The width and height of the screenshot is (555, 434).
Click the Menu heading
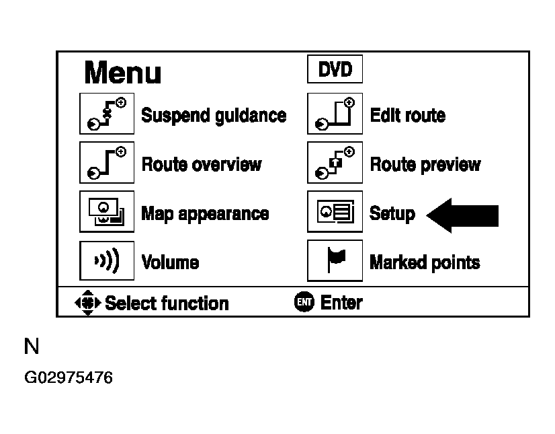122,73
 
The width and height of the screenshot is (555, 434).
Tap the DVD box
335,69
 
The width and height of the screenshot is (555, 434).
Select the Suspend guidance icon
107,114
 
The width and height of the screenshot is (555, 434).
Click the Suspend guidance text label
214,116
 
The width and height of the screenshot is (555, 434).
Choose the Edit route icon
335,114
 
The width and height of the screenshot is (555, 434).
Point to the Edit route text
408,115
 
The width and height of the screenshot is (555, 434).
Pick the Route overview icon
107,163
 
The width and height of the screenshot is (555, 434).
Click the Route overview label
202,164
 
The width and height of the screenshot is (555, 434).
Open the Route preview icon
335,163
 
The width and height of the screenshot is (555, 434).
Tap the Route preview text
425,165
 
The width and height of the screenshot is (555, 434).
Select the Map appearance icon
107,212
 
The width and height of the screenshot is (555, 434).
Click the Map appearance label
206,214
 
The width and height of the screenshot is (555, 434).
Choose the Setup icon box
335,212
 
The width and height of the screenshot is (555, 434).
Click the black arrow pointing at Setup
462,215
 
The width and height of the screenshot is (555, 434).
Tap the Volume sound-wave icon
107,260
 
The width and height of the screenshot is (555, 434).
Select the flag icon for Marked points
335,260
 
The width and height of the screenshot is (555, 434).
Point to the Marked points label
425,262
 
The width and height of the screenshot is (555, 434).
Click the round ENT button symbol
304,301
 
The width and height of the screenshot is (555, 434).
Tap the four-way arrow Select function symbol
88,303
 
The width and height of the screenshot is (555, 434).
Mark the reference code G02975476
69,377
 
